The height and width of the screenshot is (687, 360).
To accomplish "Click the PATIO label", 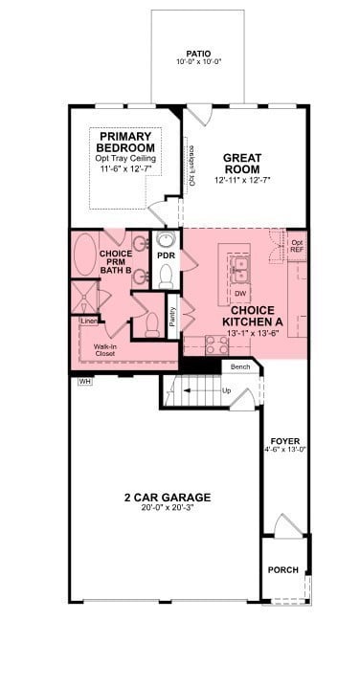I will [x=199, y=54].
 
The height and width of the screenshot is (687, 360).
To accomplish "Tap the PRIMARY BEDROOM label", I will [x=128, y=143].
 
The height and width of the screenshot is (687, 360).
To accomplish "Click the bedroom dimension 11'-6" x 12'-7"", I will [x=128, y=168].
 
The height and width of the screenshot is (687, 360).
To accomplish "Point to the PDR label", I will [x=165, y=256].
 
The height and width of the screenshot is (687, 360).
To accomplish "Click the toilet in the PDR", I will [x=165, y=277].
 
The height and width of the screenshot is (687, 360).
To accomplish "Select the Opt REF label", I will [x=298, y=248].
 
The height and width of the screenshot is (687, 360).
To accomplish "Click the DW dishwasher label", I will [x=239, y=294].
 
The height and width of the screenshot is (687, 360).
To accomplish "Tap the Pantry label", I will [x=172, y=317].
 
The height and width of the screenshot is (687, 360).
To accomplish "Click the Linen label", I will [x=89, y=321].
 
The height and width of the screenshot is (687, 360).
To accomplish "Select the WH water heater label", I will [x=83, y=381].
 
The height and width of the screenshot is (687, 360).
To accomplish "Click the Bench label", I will [x=239, y=366].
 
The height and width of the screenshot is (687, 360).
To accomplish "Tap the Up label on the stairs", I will [x=226, y=391].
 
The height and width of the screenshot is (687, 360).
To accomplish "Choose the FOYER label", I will [x=285, y=440].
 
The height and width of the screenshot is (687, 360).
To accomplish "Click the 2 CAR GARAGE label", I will [x=168, y=498].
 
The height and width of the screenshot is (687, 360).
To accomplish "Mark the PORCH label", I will [x=284, y=569].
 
